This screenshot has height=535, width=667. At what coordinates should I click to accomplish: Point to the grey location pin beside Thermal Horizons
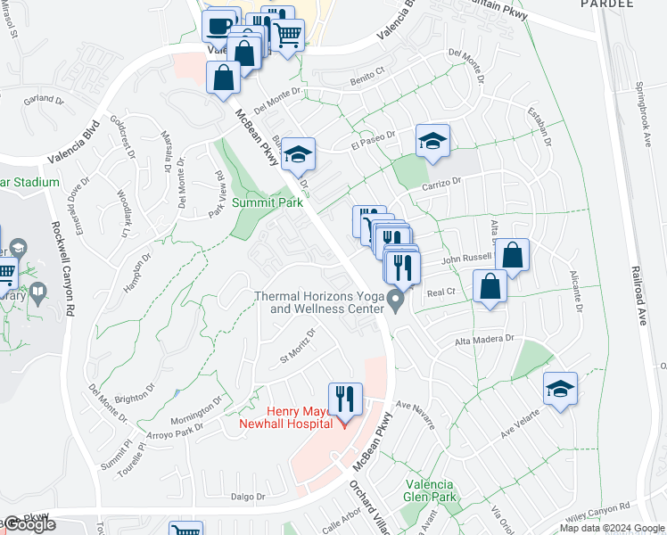(x=394, y=303)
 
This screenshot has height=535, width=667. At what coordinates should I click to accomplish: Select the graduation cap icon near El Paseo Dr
(x=432, y=141)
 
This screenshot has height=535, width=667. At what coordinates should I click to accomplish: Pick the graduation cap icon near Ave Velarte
(x=561, y=389)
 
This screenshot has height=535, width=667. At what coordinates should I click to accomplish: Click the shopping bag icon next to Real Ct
(x=490, y=286)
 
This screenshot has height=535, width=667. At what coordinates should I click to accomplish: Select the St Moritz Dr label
(x=298, y=346)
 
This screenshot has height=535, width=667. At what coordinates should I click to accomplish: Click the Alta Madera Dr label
(x=486, y=340)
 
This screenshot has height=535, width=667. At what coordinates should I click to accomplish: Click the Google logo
(x=29, y=525)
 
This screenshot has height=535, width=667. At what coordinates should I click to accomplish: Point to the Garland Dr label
(x=40, y=99)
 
